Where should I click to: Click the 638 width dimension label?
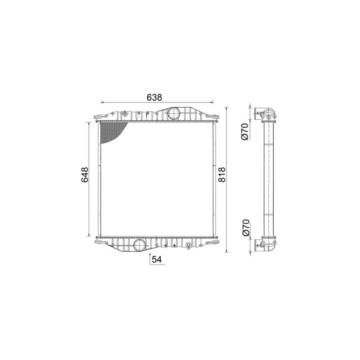tap(154, 97)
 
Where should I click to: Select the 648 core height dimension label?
tap(85, 175)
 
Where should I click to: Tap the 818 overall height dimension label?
tap(222, 175)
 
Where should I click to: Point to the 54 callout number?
tap(157, 260)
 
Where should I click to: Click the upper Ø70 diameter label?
tap(245, 131)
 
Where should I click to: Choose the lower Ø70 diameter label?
tap(245, 228)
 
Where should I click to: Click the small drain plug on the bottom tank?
tap(189, 246)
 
